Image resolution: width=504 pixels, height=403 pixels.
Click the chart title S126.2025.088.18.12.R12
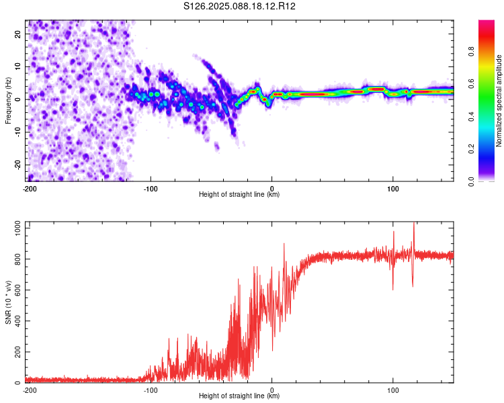240,6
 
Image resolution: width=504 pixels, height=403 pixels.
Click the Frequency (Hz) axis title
9,101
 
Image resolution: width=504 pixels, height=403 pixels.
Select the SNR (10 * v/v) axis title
9,305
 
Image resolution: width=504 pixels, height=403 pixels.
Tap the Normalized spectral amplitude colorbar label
499,101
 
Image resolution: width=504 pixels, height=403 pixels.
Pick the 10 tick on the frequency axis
18,66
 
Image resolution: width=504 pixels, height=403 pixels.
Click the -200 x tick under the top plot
30,189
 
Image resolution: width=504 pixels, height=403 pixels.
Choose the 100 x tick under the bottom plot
393,390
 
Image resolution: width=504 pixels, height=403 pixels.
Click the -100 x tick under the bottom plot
151,390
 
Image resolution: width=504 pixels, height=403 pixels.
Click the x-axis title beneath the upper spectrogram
239,195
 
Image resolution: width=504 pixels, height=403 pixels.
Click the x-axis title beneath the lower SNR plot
239,396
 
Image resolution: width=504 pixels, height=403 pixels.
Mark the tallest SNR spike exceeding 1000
414,224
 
